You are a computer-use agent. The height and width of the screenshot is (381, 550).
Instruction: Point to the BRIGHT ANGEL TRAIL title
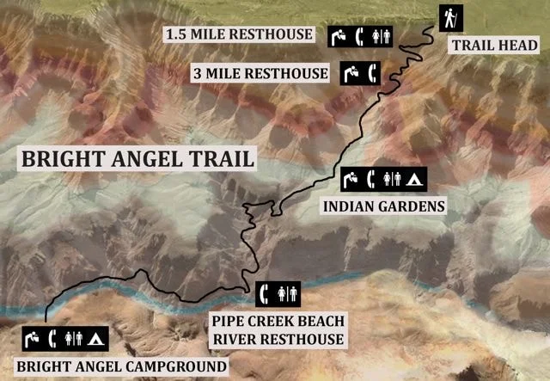click(137, 159)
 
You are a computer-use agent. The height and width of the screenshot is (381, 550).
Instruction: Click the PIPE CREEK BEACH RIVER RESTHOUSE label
click(277, 329)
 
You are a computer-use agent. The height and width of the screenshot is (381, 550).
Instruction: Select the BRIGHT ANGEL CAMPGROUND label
click(121, 367)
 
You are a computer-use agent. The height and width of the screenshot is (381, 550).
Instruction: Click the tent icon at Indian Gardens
click(414, 179)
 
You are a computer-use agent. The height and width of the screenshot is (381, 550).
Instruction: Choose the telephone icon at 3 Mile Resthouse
click(372, 73)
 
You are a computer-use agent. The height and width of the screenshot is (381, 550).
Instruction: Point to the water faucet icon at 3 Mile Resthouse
click(351, 73)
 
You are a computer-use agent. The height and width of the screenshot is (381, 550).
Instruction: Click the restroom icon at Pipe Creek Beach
click(288, 292)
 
